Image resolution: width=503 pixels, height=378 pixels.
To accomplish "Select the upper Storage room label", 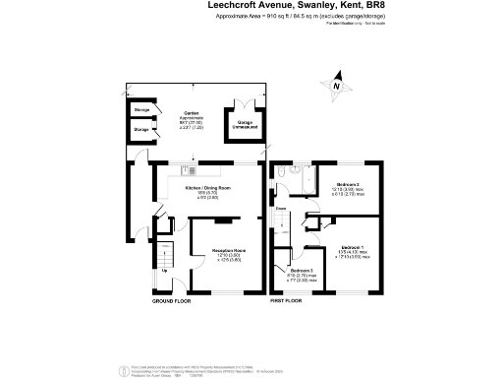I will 141,108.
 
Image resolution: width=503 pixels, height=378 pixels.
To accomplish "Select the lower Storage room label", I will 141,130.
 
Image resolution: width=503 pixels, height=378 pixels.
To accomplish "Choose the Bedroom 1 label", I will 352,249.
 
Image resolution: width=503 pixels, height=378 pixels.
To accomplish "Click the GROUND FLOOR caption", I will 169,300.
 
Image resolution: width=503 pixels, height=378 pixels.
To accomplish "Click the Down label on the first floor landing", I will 281,209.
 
